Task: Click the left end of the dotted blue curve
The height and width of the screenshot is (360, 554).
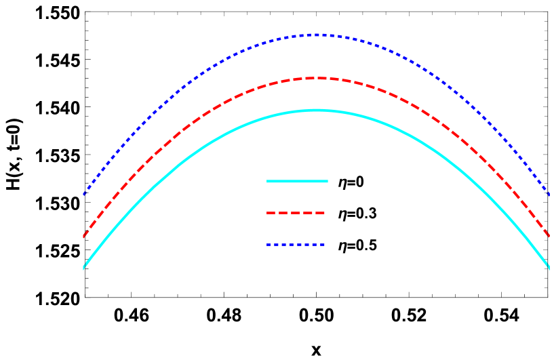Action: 84,195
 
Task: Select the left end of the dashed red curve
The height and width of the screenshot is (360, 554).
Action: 84,236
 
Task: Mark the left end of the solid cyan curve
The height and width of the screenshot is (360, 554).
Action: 83,268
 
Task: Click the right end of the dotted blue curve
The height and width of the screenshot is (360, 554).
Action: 549,195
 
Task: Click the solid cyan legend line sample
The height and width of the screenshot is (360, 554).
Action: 297,181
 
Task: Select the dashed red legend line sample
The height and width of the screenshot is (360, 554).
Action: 296,213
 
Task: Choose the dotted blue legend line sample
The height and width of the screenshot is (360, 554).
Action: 296,245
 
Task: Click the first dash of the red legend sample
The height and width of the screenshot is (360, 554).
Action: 271,213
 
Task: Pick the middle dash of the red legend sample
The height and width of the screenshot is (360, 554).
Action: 296,213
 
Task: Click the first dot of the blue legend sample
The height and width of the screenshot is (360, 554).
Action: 269,245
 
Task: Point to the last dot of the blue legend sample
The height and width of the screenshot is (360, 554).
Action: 323,245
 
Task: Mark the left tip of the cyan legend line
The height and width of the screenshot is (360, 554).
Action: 267,181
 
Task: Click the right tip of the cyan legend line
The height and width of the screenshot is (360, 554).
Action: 328,181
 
